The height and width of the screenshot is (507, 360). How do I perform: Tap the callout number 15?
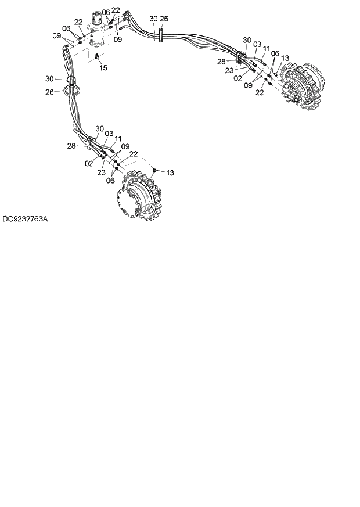[x=103, y=68]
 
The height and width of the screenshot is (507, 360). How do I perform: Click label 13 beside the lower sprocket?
[x=170, y=172]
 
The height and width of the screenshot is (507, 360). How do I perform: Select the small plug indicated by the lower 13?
[x=154, y=170]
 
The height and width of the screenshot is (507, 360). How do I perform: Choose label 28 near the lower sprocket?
[x=71, y=146]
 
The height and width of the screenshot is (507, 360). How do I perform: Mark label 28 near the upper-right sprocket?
[x=221, y=61]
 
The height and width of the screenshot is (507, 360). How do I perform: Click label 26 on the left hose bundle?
[x=49, y=92]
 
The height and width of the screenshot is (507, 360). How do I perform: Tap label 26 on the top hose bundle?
[x=164, y=19]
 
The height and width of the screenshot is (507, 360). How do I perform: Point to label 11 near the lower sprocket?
[x=118, y=139]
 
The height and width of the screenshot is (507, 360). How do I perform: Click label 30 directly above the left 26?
[x=49, y=78]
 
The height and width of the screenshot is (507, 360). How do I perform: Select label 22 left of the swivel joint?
[x=78, y=21]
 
